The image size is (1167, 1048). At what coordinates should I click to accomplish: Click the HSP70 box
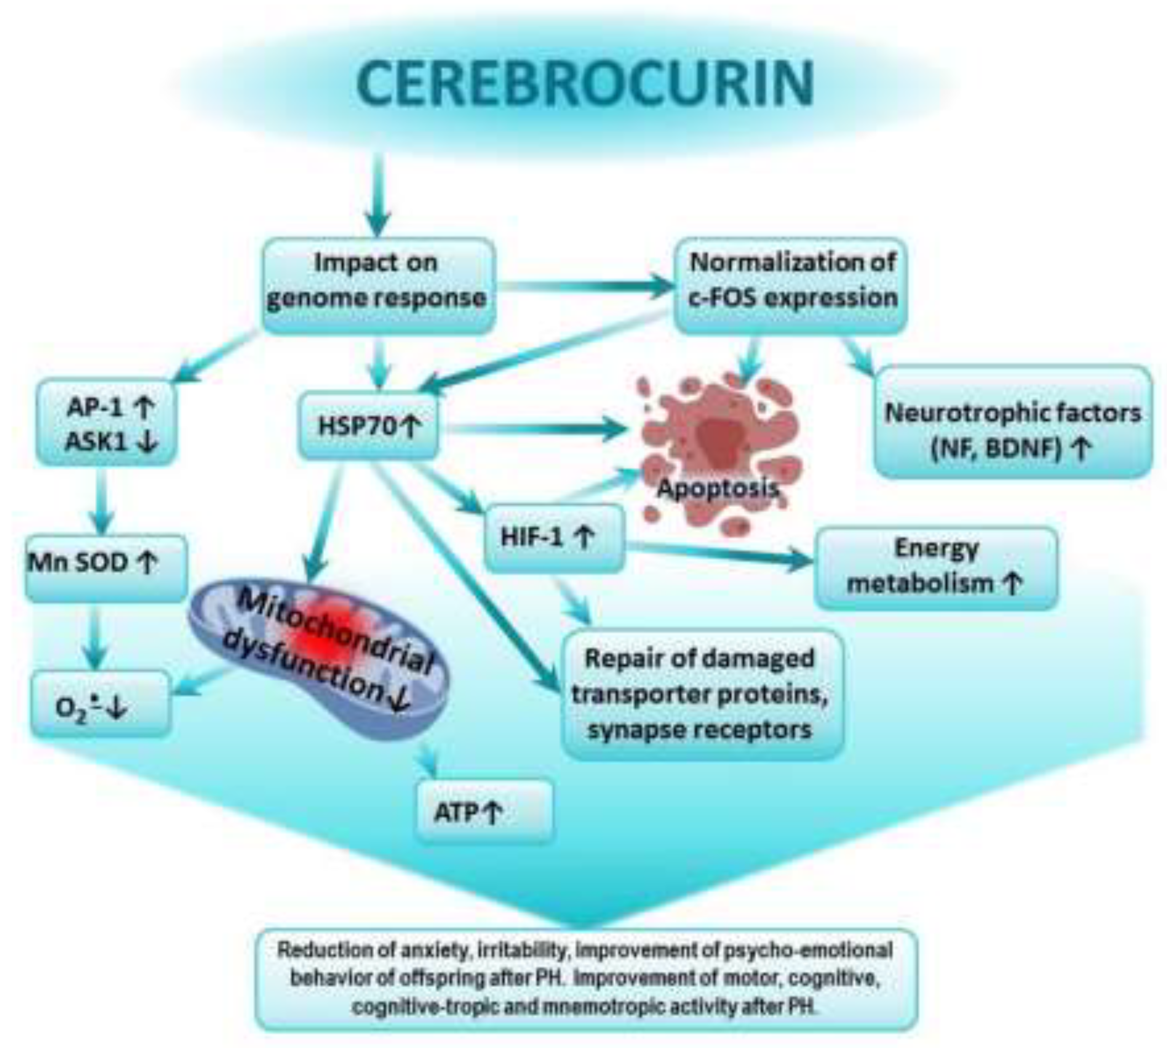(x=368, y=426)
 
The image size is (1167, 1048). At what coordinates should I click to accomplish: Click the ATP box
(x=483, y=812)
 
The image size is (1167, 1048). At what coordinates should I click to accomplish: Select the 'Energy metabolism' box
(x=935, y=567)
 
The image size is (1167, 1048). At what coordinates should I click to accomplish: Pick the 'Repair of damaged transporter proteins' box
(x=701, y=694)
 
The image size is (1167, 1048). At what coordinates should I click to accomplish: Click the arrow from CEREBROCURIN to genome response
(x=378, y=196)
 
